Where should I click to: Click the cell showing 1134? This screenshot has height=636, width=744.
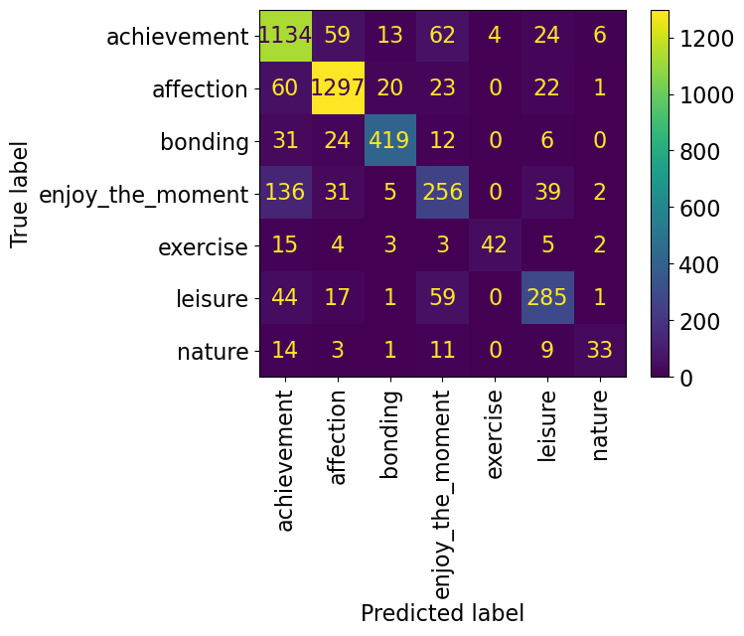(x=286, y=37)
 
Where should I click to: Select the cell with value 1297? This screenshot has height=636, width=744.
(x=338, y=89)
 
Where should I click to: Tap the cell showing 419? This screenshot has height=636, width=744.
(x=390, y=142)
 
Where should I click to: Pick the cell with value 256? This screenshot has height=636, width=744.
(x=443, y=195)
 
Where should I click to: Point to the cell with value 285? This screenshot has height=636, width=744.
(x=547, y=299)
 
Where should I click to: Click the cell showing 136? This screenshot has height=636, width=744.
(x=286, y=195)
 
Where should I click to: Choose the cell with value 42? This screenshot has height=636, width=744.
(x=495, y=246)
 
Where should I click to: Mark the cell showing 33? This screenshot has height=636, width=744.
(x=600, y=352)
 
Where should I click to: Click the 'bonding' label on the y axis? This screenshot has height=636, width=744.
(x=204, y=142)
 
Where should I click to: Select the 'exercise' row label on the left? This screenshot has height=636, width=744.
(x=202, y=246)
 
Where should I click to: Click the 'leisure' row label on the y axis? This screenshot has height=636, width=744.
(x=209, y=299)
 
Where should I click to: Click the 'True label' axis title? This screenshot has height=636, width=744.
(x=19, y=195)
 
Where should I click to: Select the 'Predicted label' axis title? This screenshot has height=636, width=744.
(x=442, y=613)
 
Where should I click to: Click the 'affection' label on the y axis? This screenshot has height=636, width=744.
(x=200, y=89)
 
